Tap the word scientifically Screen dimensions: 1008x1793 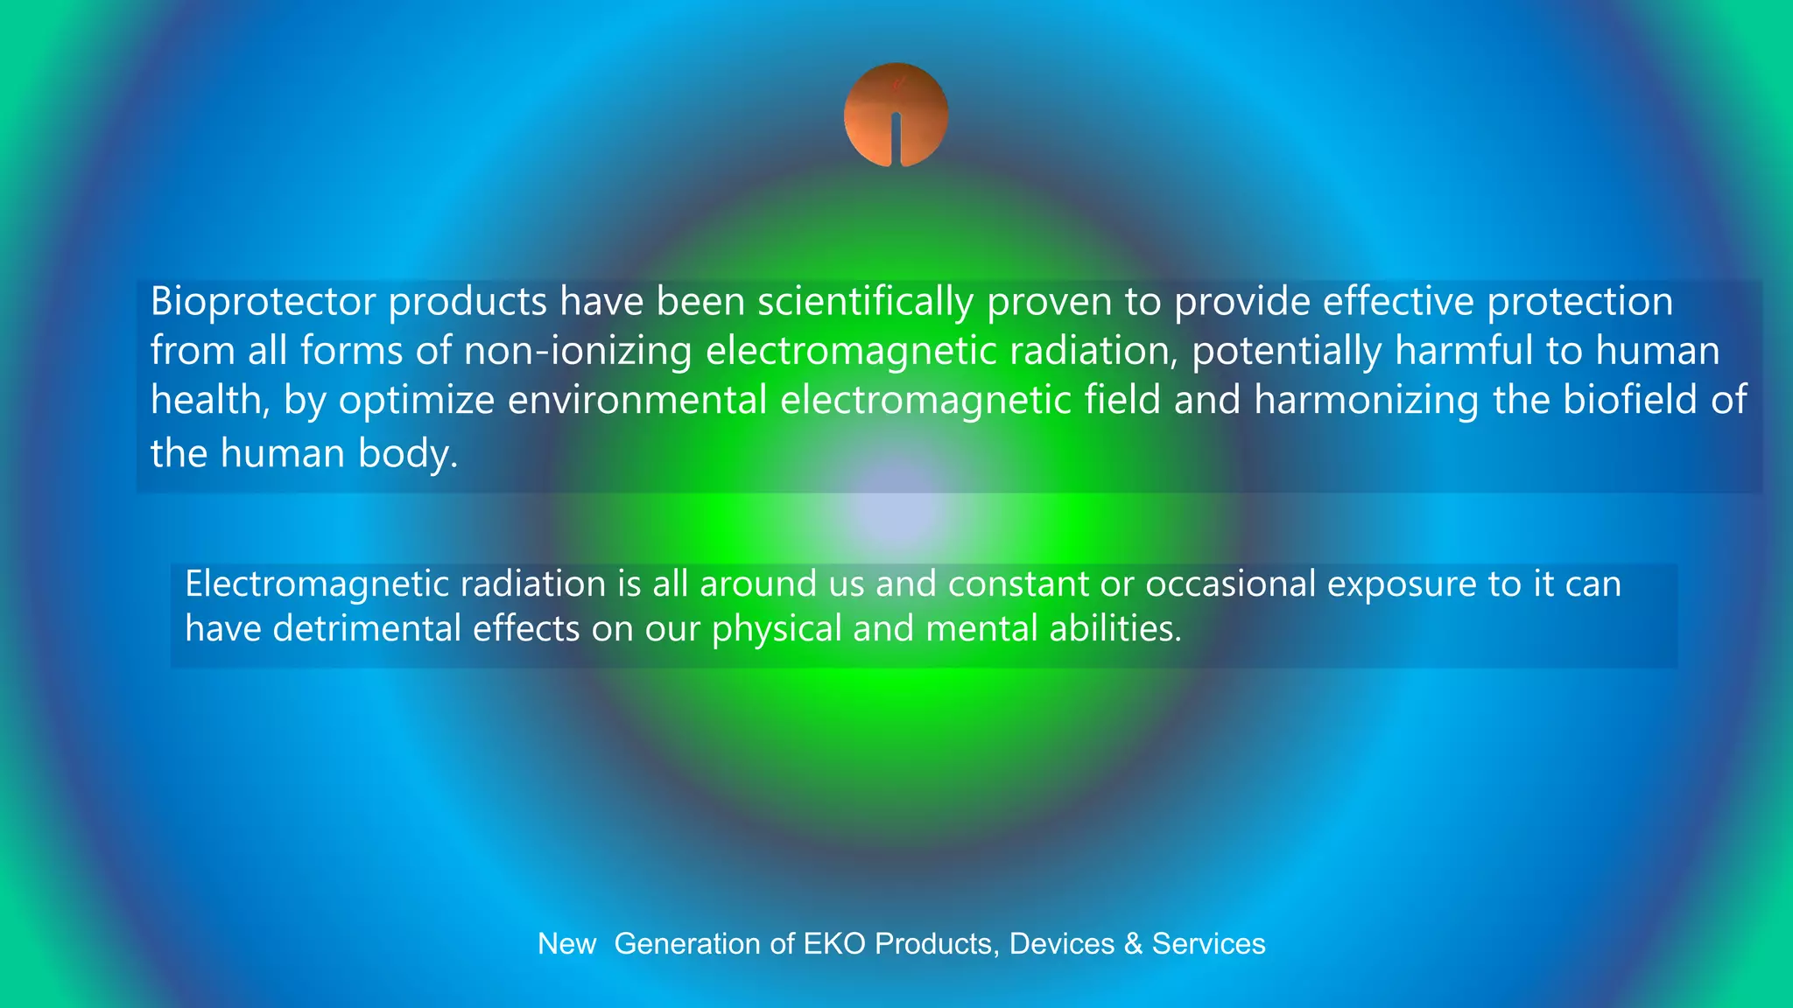[865, 302]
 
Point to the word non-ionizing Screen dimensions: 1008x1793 [578, 352]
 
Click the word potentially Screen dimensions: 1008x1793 [1286, 352]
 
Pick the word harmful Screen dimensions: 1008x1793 [1464, 351]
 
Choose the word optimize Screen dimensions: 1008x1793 [417, 402]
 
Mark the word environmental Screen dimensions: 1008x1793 [636, 401]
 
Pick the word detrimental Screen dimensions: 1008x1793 [366, 628]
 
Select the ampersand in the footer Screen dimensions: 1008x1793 [1133, 944]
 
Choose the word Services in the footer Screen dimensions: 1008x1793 [1208, 944]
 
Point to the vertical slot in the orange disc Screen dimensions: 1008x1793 [896, 140]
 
